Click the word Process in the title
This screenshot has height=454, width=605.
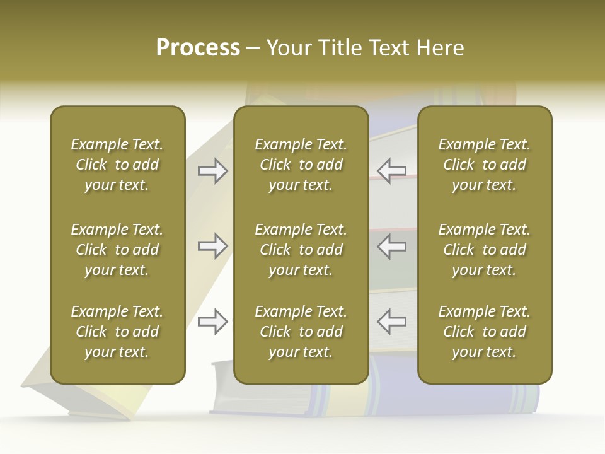[x=198, y=48]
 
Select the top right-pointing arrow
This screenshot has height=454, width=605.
[x=212, y=170]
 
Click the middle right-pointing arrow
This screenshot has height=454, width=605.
[x=212, y=246]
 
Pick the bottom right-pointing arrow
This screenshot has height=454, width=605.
[x=212, y=322]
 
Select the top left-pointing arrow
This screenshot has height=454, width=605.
[x=392, y=170]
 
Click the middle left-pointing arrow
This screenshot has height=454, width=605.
[x=392, y=246]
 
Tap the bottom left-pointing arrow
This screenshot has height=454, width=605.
[x=392, y=322]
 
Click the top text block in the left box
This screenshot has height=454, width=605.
[x=117, y=165]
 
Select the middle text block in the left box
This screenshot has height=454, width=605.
[x=117, y=250]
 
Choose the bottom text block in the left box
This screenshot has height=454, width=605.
[x=117, y=332]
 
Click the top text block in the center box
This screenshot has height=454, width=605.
[x=301, y=165]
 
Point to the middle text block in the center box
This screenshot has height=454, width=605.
[x=301, y=250]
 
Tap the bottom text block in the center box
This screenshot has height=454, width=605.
[x=301, y=332]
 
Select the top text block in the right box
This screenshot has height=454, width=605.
[x=484, y=165]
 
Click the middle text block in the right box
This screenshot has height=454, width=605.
[x=484, y=250]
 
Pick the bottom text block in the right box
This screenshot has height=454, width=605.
[x=484, y=332]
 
